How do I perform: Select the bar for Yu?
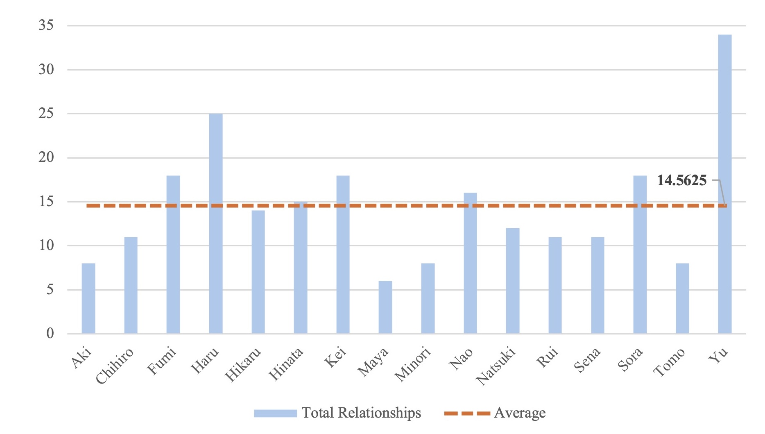tap(725, 184)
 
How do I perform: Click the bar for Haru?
tap(216, 224)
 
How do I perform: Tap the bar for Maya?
tap(385, 307)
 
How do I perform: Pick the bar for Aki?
tap(88, 298)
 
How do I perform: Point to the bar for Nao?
tap(470, 263)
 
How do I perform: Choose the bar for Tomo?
tap(682, 298)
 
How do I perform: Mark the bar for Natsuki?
tap(513, 281)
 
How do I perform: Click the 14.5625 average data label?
tap(682, 180)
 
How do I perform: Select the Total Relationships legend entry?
tap(337, 413)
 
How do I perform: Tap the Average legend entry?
tap(495, 413)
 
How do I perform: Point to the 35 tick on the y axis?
tap(46, 25)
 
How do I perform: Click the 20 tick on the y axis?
tap(46, 157)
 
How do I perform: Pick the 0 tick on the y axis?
tap(50, 333)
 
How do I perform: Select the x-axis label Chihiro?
tap(115, 366)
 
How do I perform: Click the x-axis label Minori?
tap(413, 364)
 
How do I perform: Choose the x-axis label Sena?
tap(587, 359)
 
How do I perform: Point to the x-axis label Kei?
tap(335, 357)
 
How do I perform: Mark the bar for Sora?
tap(640, 254)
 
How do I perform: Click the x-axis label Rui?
tap(548, 357)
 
